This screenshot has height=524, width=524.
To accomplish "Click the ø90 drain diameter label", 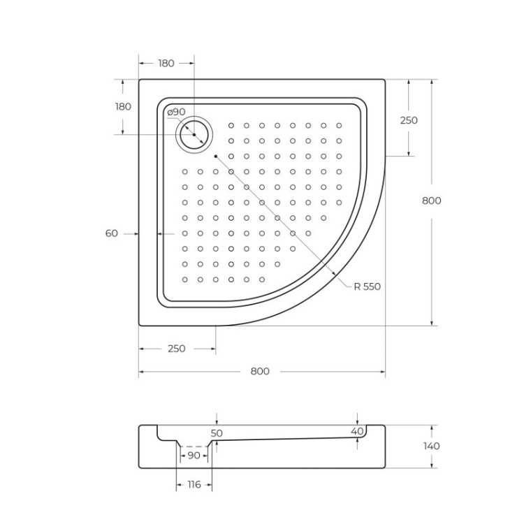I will pos(176,112).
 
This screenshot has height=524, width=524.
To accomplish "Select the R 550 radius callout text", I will pos(367,286).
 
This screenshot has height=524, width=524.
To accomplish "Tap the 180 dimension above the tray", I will pos(166,63).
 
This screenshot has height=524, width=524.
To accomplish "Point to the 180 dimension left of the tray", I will pos(123,107).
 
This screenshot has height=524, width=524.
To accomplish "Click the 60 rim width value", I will pos(112,233).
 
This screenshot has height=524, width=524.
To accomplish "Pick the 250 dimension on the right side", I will pos(409,120).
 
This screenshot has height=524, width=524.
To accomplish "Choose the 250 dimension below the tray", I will pos(177,349).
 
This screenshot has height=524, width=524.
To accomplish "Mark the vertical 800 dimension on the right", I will pos(432,201).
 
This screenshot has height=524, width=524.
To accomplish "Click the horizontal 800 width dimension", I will pos(260,371).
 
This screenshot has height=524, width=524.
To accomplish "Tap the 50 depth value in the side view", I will pos(217,433).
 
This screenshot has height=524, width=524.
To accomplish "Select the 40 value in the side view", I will pos(357,432).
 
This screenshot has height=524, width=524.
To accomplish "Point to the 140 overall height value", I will pos(432,446).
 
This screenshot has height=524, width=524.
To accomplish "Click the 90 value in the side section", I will pos(194,456).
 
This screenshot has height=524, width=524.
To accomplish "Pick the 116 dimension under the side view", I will pos(194,484).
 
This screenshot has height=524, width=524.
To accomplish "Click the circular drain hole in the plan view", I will pos(194,134).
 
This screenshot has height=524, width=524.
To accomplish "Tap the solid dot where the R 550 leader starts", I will pos(217,156).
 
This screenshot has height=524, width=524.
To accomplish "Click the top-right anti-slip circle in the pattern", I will pos(339,126).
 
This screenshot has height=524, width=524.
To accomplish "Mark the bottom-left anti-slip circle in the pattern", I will pos(185,279).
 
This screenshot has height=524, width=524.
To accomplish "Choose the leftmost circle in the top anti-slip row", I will pos(231,126).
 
